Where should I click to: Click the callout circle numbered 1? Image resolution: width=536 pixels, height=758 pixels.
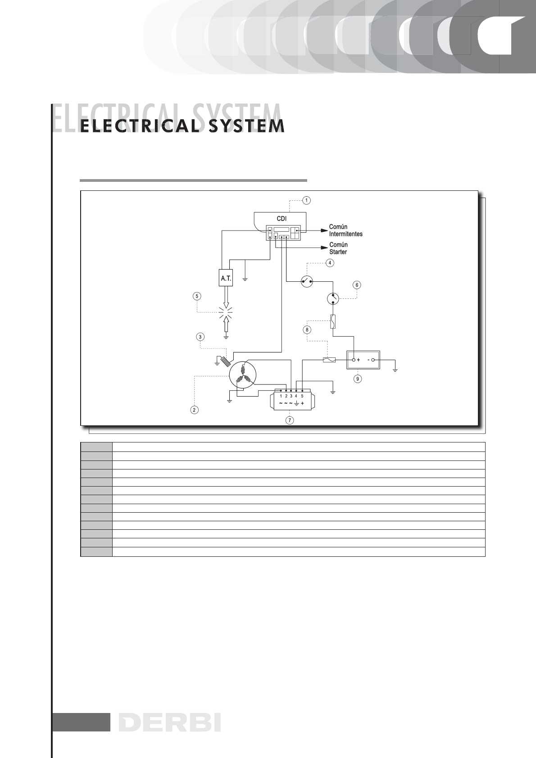click(x=306, y=200)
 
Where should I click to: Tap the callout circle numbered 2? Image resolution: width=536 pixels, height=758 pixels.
click(x=194, y=410)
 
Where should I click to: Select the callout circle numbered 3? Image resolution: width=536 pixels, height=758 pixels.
click(x=200, y=336)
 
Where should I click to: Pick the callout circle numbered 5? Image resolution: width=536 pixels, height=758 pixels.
click(x=197, y=296)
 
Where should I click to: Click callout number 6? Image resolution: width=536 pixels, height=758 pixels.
click(x=357, y=285)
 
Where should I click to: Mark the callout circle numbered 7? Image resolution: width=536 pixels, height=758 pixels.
click(x=290, y=420)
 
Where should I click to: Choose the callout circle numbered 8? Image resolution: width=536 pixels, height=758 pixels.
click(x=307, y=329)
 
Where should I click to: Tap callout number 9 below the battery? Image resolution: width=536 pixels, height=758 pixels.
click(x=358, y=379)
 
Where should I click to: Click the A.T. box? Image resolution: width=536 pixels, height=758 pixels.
click(x=226, y=279)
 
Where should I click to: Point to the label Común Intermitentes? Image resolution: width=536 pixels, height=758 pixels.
click(x=345, y=230)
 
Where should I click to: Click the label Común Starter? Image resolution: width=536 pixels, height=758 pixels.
click(x=338, y=248)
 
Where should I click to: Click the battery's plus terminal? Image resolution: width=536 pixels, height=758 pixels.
click(x=354, y=360)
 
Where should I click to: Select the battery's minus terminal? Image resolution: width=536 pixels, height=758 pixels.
click(x=372, y=360)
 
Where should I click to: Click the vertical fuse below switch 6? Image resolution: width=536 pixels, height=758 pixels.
click(x=333, y=322)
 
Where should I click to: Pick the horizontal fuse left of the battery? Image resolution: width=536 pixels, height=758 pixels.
click(x=329, y=360)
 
